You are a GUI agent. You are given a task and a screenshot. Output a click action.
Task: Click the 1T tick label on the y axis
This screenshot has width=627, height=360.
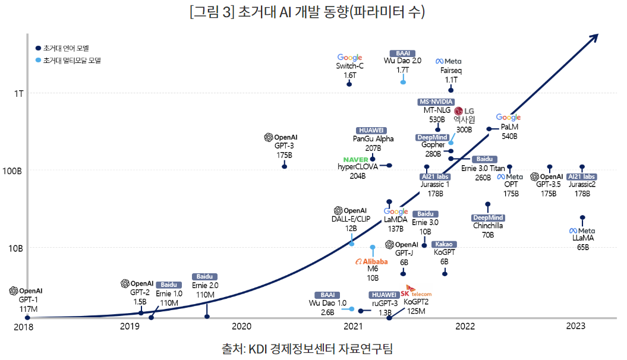pyautogui.click(x=18, y=93)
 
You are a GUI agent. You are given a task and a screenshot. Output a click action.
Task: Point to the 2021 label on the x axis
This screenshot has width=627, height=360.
pyautogui.click(x=353, y=326)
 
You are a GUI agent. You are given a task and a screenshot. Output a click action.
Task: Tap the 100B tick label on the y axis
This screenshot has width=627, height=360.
pyautogui.click(x=14, y=170)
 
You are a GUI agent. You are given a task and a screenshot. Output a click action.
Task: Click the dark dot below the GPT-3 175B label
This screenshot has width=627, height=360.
pyautogui.click(x=284, y=166)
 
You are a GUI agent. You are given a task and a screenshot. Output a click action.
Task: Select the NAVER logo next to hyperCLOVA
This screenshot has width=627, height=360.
pyautogui.click(x=356, y=160)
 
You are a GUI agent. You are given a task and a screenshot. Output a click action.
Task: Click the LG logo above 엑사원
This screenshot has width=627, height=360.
pyautogui.click(x=464, y=111)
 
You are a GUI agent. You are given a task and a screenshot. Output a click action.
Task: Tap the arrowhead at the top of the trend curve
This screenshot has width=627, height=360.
pyautogui.click(x=592, y=38)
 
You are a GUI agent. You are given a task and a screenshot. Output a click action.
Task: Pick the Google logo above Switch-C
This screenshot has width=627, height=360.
pyautogui.click(x=349, y=58)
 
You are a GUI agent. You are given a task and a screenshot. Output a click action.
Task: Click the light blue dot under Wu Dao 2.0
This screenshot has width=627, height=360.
pyautogui.click(x=403, y=82)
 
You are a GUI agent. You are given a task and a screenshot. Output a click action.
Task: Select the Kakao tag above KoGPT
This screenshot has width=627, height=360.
pyautogui.click(x=444, y=244)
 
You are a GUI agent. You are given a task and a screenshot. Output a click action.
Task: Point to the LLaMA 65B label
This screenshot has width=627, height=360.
pyautogui.click(x=582, y=242)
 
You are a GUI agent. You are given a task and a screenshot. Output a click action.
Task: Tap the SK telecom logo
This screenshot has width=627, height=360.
pyautogui.click(x=415, y=293)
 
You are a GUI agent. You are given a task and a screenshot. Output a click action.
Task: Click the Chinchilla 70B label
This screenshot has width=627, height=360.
pyautogui.click(x=488, y=230)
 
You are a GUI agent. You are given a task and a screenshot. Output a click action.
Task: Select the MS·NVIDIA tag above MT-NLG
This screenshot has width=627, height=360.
pyautogui.click(x=437, y=102)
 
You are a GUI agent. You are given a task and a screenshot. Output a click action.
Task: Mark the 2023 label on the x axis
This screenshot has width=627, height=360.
pyautogui.click(x=576, y=326)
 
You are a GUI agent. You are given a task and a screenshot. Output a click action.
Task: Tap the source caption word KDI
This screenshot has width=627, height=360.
pyautogui.click(x=259, y=348)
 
